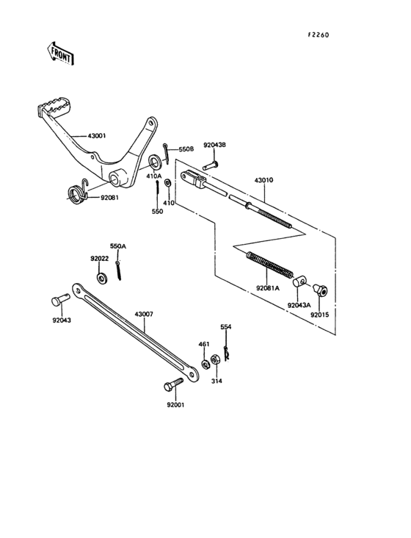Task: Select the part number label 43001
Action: pyautogui.click(x=97, y=136)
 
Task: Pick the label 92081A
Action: pyautogui.click(x=268, y=288)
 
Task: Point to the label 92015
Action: pyautogui.click(x=320, y=315)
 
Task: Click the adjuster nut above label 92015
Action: pyautogui.click(x=321, y=290)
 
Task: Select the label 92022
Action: pyautogui.click(x=100, y=259)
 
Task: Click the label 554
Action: pyautogui.click(x=226, y=326)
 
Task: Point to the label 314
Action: pyautogui.click(x=216, y=381)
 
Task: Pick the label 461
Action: pyautogui.click(x=204, y=343)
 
